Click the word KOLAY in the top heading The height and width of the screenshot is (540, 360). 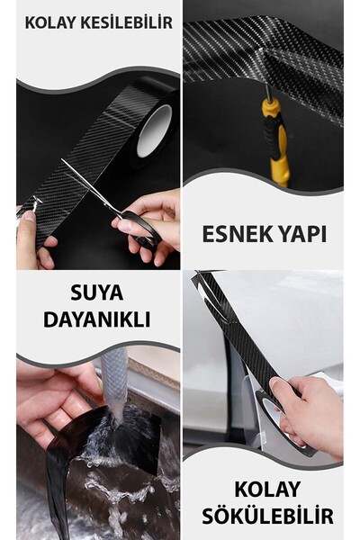pyautogui.click(x=50, y=22)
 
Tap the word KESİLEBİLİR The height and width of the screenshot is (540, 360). pyautogui.click(x=126, y=22)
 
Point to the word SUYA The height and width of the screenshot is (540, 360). pyautogui.click(x=97, y=292)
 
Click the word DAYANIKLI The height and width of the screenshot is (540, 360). pyautogui.click(x=97, y=319)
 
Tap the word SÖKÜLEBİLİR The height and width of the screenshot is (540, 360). pyautogui.click(x=267, y=516)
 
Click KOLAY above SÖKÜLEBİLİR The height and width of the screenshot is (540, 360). pyautogui.click(x=267, y=489)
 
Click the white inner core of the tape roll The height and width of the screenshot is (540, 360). pyautogui.click(x=154, y=130)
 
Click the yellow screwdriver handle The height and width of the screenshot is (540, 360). pyautogui.click(x=277, y=141)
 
